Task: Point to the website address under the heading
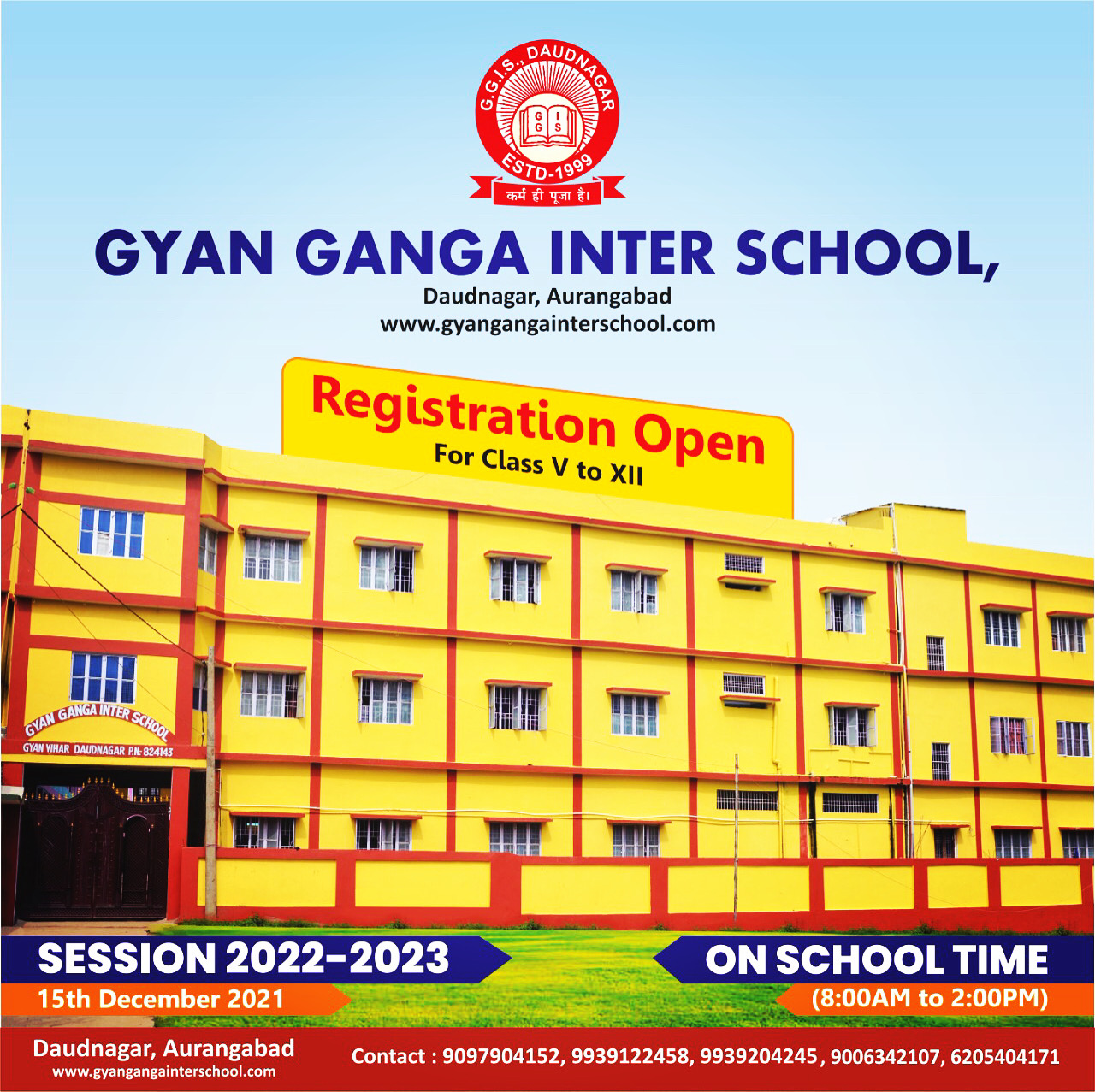(x=547, y=324)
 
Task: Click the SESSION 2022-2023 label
(x=244, y=959)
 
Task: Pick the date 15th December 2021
(x=160, y=999)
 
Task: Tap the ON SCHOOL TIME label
(x=876, y=959)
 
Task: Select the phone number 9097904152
(x=500, y=1057)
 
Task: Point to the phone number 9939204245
(x=758, y=1057)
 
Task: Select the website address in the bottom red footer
(x=163, y=1071)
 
